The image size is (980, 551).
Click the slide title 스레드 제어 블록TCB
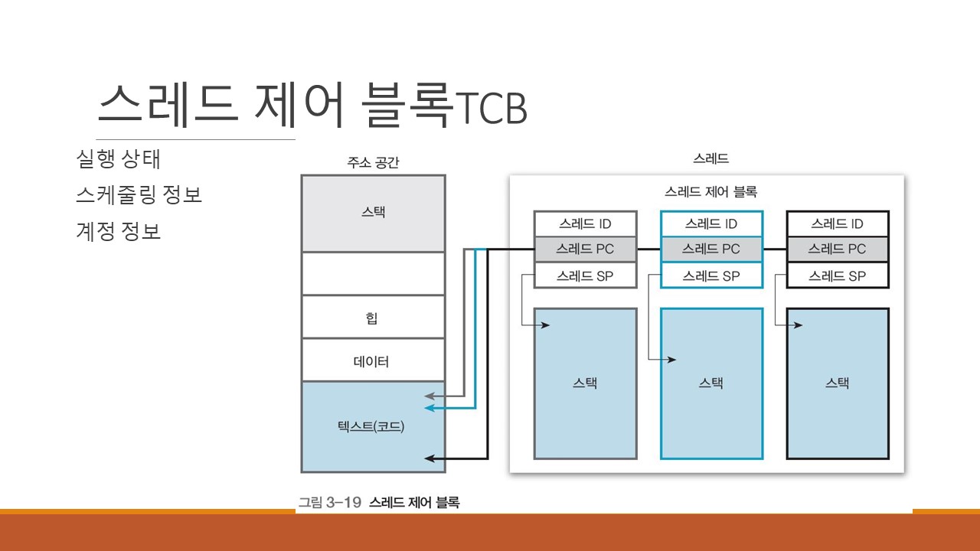312,106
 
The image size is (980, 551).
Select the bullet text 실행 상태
118,159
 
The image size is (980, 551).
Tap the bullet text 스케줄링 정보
139,195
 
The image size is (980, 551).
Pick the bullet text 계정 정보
118,231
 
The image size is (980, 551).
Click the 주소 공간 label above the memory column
373,162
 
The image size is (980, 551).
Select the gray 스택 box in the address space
373,213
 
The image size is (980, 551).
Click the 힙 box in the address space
373,317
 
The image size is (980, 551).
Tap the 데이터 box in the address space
373,360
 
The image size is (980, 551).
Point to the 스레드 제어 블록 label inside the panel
710,191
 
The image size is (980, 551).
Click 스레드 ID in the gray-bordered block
585,224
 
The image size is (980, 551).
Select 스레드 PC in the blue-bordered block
711,249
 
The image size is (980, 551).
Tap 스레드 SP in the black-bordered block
838,275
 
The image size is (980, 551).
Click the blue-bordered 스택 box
711,383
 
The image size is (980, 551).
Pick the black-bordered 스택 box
838,383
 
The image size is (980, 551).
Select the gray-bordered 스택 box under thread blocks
585,383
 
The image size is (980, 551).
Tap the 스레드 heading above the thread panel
710,159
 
